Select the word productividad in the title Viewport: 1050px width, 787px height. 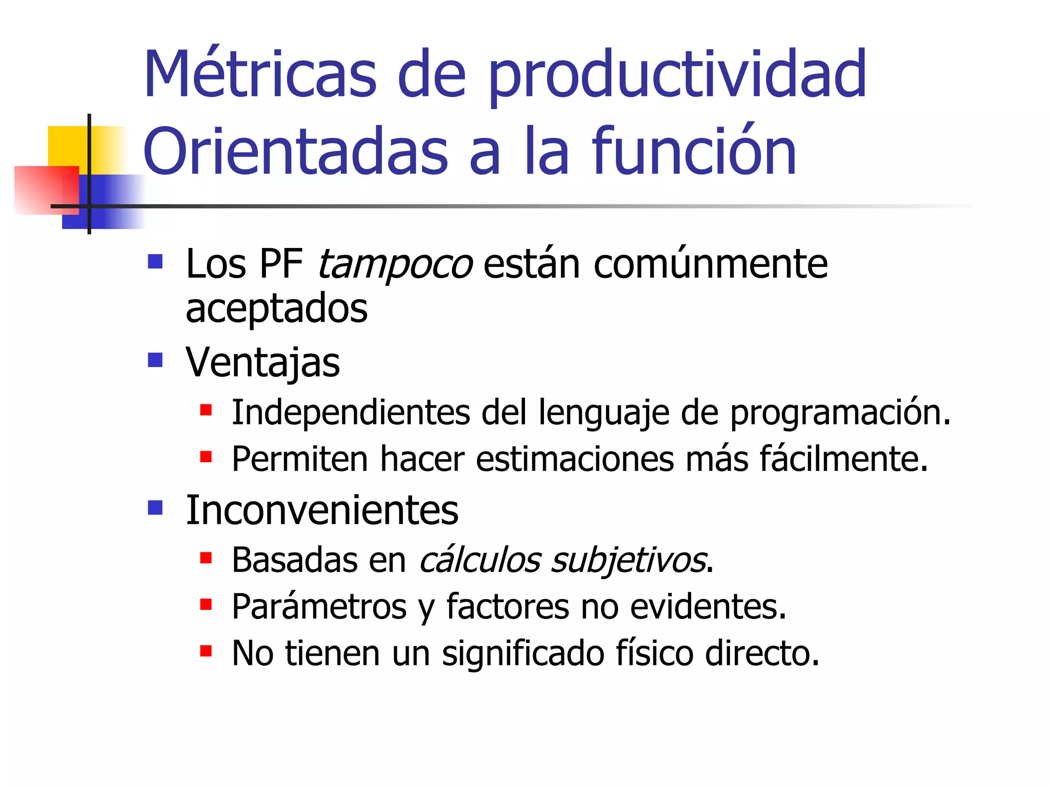[677, 77]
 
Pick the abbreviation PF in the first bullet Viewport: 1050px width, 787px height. [281, 264]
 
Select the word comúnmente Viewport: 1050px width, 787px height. [711, 264]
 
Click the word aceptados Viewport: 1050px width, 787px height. [276, 309]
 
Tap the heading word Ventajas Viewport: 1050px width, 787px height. [262, 363]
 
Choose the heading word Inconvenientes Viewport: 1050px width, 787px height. [322, 510]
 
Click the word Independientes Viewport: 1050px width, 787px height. [351, 412]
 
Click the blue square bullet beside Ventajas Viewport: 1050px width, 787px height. [155, 360]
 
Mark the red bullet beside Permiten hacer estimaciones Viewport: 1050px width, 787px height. [206, 457]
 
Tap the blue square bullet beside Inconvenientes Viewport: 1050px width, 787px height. [155, 508]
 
